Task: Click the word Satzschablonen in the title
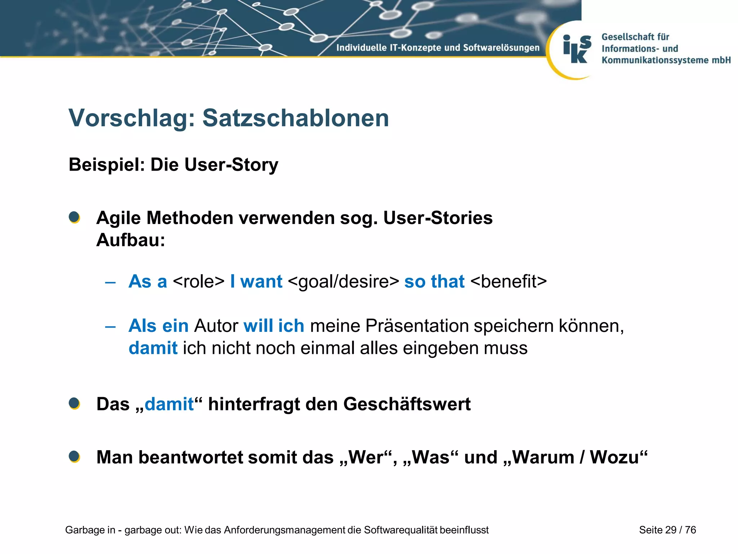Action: click(295, 118)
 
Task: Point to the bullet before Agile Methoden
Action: click(74, 217)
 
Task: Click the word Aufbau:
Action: click(130, 240)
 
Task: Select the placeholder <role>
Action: click(199, 282)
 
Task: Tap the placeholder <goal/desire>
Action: click(343, 282)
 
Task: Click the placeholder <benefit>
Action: click(508, 282)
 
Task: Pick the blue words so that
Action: click(434, 282)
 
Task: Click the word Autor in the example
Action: click(216, 326)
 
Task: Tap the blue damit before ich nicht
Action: click(153, 348)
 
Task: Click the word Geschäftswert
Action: click(407, 404)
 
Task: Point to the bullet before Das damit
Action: click(74, 404)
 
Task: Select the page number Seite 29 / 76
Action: click(667, 530)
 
